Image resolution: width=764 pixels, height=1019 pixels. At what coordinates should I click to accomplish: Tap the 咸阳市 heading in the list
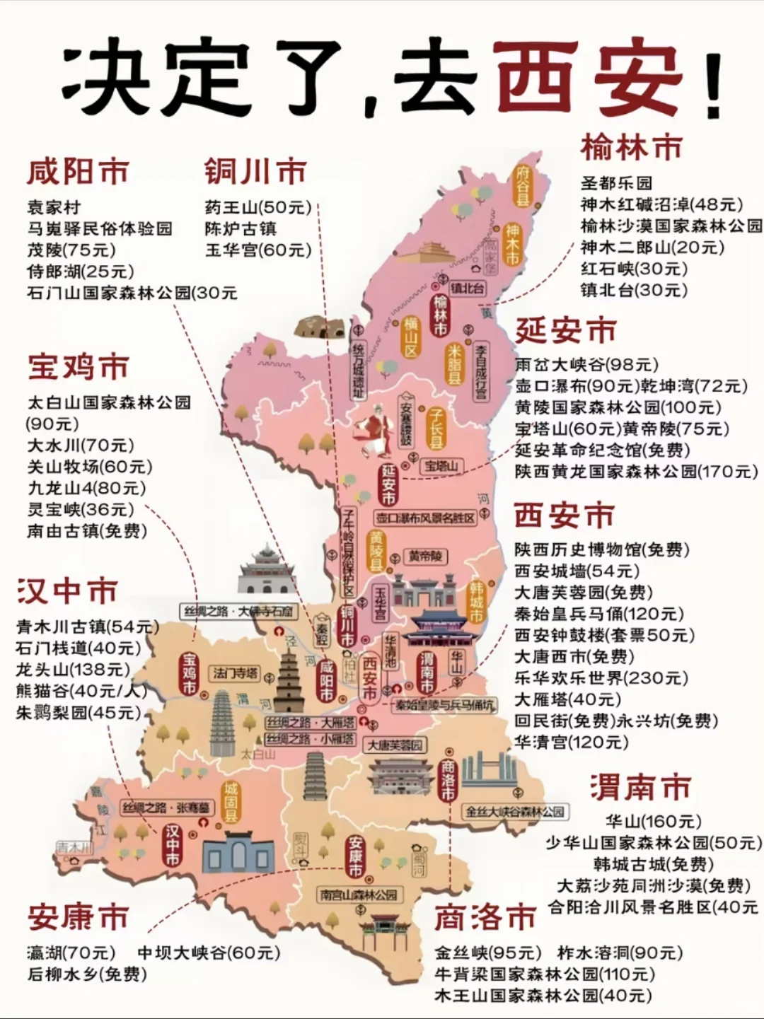tap(78, 172)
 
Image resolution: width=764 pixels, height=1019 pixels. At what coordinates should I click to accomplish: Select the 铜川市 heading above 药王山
tap(255, 172)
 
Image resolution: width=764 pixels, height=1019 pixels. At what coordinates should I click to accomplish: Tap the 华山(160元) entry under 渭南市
tap(653, 822)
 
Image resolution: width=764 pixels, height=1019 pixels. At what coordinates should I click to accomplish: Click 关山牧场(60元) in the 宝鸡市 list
tap(89, 467)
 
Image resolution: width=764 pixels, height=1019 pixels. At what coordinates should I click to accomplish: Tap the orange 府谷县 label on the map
tap(522, 185)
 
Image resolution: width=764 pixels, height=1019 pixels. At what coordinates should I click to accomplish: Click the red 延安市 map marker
tap(388, 484)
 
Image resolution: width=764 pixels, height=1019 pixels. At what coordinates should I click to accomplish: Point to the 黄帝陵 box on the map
tap(425, 557)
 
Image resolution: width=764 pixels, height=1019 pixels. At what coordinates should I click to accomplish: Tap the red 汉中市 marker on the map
tap(173, 844)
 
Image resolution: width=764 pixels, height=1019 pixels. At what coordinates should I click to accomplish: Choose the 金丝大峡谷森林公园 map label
tap(515, 812)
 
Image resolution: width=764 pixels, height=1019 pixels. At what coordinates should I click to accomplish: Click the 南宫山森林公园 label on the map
tap(359, 895)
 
